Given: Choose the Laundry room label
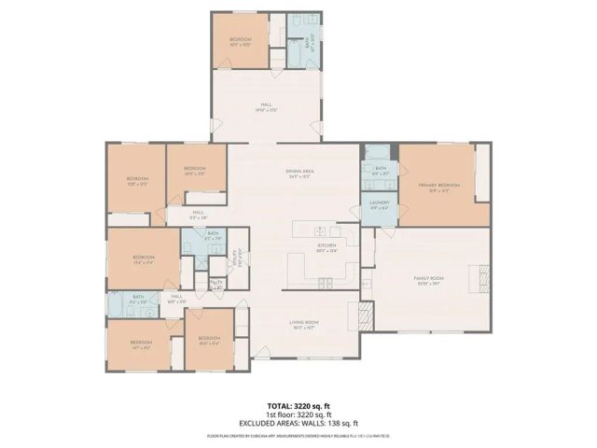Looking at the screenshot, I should pos(379,204).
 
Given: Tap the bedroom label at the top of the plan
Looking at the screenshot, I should pos(241,41).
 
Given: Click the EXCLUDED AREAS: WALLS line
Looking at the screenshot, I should pos(298,423).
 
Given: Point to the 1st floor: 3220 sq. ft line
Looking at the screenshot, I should pos(298,415).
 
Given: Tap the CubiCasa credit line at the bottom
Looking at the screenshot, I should pos(298,436).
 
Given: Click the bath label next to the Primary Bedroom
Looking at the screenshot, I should pos(380,170).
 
